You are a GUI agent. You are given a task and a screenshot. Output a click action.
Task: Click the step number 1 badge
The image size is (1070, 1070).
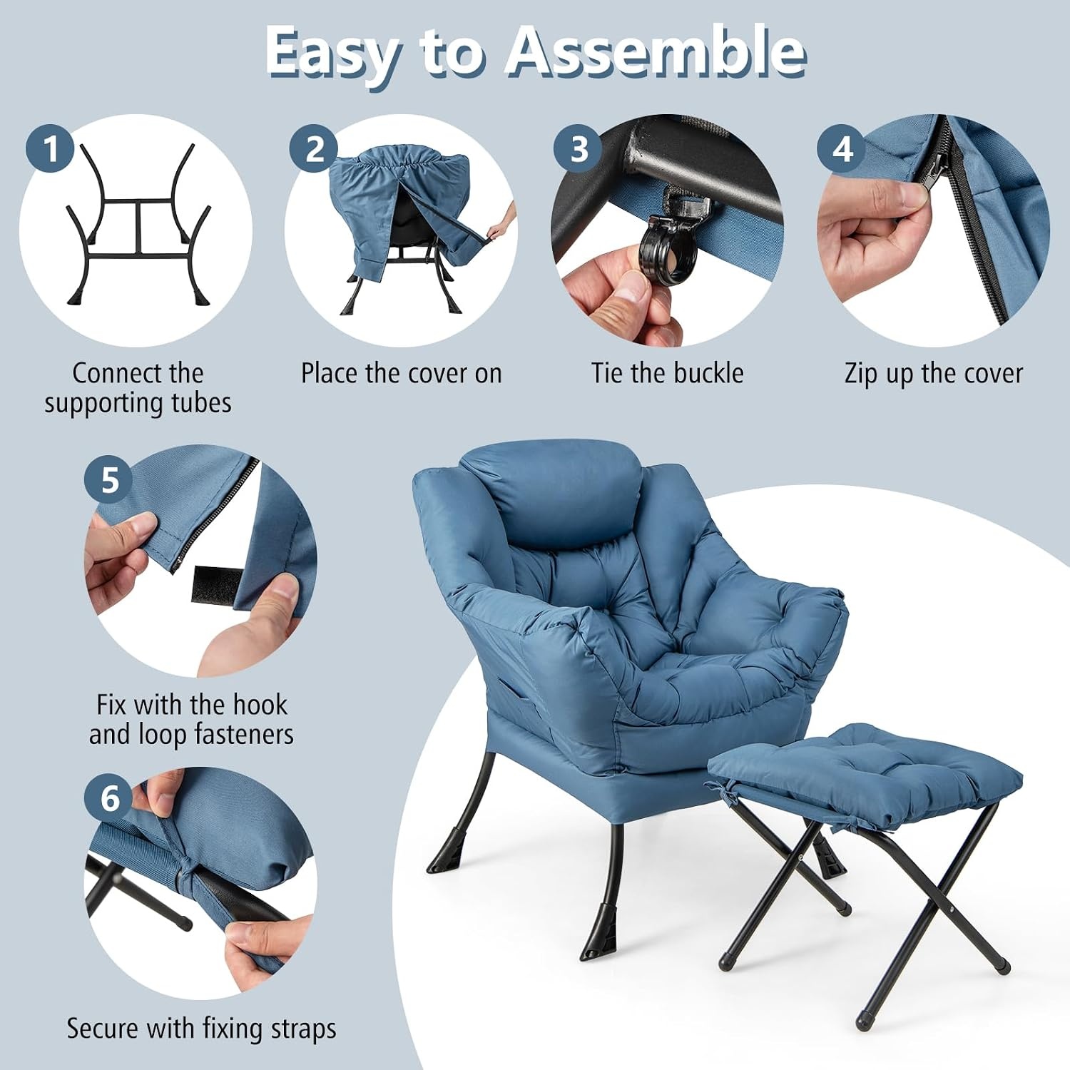pyautogui.click(x=50, y=149)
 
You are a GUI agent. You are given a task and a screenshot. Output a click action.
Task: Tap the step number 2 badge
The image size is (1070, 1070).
pyautogui.click(x=314, y=149)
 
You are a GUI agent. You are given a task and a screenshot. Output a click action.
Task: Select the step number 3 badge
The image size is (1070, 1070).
pyautogui.click(x=579, y=149)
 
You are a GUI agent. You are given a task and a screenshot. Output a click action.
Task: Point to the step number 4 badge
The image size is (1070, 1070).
pyautogui.click(x=842, y=149)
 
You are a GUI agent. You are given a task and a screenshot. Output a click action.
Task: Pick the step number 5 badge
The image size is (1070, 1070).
pyautogui.click(x=109, y=480)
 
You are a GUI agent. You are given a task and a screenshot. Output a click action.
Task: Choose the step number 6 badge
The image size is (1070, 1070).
pyautogui.click(x=109, y=798)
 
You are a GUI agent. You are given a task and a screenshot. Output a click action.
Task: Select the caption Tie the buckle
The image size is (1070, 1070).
pyautogui.click(x=667, y=373)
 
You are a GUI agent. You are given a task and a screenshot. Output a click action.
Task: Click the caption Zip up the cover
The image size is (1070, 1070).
pyautogui.click(x=933, y=374)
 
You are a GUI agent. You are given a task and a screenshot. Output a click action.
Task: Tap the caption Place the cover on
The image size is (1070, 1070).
pyautogui.click(x=401, y=373)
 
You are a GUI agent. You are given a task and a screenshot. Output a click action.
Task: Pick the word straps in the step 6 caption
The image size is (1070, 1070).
pyautogui.click(x=304, y=1029)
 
